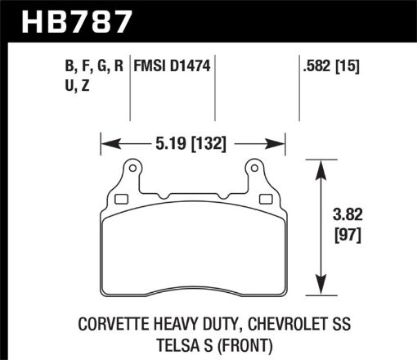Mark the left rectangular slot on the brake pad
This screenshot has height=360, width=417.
coord(122,198)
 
